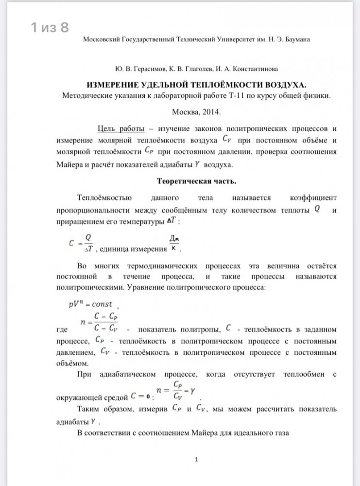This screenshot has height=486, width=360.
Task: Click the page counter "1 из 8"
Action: coord(50,28)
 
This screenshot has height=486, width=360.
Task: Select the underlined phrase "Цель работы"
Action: coord(121,128)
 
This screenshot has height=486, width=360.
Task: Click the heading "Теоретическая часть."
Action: coord(196,181)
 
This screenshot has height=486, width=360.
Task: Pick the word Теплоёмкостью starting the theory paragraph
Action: coord(104,198)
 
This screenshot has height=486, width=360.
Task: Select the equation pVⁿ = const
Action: coord(90,304)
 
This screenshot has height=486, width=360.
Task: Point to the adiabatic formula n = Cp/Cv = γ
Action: coord(175,390)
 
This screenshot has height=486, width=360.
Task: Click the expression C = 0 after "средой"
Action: coord(141,397)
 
